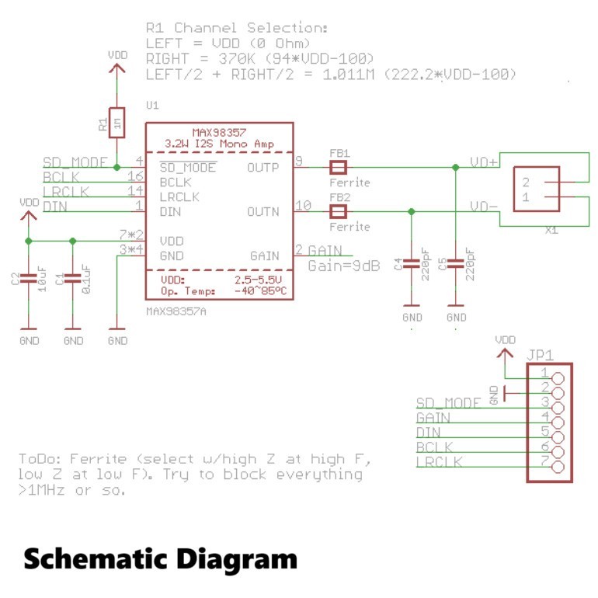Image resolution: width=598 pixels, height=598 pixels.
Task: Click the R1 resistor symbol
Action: pyautogui.click(x=116, y=122)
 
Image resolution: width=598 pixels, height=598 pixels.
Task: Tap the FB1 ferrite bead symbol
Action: pyautogui.click(x=338, y=167)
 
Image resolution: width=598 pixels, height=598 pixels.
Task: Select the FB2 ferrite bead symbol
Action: pyautogui.click(x=338, y=210)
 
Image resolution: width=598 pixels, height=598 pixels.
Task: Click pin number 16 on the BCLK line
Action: pyautogui.click(x=134, y=176)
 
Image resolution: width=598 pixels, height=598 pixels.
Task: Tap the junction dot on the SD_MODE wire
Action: pyautogui.click(x=116, y=167)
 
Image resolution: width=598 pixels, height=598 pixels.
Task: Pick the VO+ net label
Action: pyautogui.click(x=483, y=163)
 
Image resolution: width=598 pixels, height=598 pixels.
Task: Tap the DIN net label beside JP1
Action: pyautogui.click(x=429, y=432)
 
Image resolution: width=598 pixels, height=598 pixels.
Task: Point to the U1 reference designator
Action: pyautogui.click(x=152, y=105)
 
